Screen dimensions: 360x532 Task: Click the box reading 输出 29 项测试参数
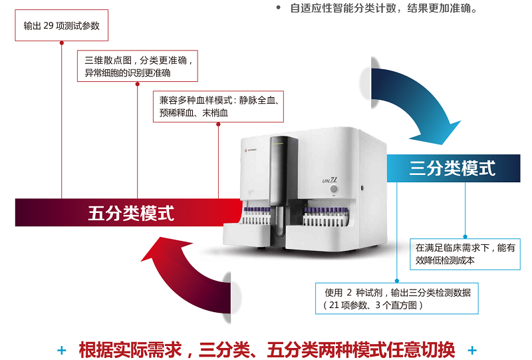click(x=62, y=26)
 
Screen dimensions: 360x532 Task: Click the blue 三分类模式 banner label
click(x=452, y=168)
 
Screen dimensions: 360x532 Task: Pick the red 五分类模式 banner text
click(x=131, y=214)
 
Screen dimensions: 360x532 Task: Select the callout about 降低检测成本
click(x=465, y=254)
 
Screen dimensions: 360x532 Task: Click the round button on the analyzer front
click(x=334, y=188)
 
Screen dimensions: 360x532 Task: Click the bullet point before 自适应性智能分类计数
click(x=278, y=9)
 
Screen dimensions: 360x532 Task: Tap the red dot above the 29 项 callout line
click(x=62, y=42)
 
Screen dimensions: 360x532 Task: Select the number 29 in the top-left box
click(x=50, y=26)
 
